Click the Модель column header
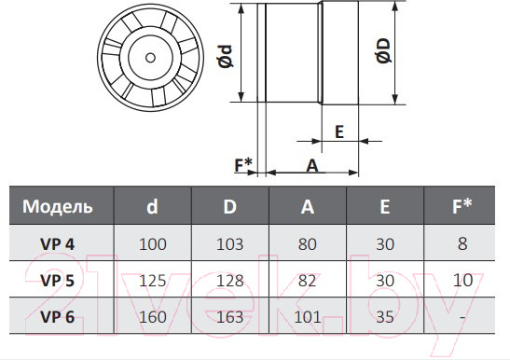(x=58, y=206)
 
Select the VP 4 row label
(x=58, y=243)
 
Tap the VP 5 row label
(x=58, y=280)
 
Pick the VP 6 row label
(x=58, y=317)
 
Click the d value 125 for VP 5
(x=153, y=281)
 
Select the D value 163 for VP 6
(x=230, y=317)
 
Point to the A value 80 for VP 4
(x=308, y=244)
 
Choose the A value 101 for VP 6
(x=308, y=317)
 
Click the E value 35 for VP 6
(x=385, y=317)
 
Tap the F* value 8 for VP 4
(x=462, y=243)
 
